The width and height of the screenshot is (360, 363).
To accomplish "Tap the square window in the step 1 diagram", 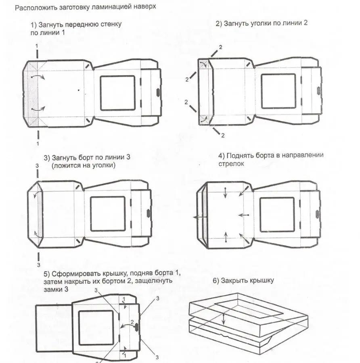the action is click(x=117, y=93).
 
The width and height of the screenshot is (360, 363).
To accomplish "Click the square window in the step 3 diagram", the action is click(x=108, y=214).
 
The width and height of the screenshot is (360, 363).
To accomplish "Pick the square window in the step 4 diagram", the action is click(x=277, y=215).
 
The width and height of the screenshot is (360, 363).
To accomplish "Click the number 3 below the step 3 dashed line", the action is click(x=38, y=265).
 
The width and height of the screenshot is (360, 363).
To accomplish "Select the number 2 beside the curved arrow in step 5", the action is click(x=132, y=322).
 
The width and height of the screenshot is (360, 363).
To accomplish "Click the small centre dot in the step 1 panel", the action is click(x=79, y=90).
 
